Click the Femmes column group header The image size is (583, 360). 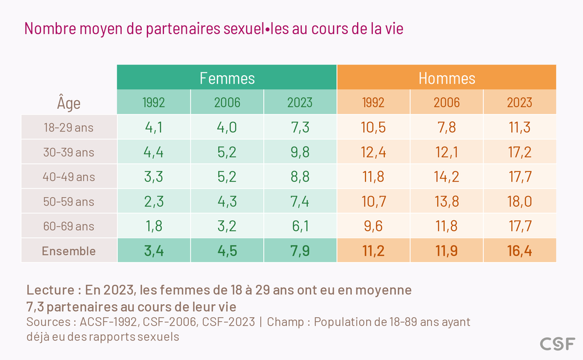coord(227,78)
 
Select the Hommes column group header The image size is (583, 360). coord(446,78)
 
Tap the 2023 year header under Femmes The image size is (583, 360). coord(299,103)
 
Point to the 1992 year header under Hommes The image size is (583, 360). coord(373,103)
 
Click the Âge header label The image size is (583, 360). coord(69,103)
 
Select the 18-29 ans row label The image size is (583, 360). coord(68,128)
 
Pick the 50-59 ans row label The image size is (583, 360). coord(68,202)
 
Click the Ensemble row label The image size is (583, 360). coord(69,251)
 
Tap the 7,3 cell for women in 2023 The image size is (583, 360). coord(300,127)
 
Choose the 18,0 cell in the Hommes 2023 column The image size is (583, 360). coord(519,201)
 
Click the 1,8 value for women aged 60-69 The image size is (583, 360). coord(154,226)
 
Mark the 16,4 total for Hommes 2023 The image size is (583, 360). coord(519,251)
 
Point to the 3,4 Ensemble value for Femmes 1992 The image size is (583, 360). coord(154,251)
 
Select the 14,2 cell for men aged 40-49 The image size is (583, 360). coord(446,177)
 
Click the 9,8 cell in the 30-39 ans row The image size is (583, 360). coord(300,152)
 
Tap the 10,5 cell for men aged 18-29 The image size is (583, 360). coord(373,127)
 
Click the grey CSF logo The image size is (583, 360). coord(557,344)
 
